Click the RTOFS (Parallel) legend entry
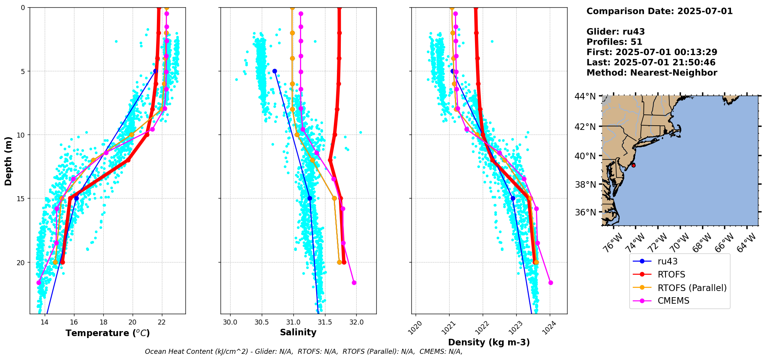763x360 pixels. tap(692, 288)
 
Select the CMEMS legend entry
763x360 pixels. tap(673, 301)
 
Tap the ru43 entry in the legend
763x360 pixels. tap(667, 261)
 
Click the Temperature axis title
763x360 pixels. tap(108, 333)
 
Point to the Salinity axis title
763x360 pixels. tap(298, 332)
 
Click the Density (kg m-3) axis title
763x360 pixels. tap(489, 342)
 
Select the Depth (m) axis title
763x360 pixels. tap(8, 161)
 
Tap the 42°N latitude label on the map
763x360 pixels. tap(585, 127)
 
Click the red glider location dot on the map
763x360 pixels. tap(633, 165)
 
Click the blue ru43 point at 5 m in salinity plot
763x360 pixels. tap(275, 71)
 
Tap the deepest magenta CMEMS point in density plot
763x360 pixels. tap(551, 283)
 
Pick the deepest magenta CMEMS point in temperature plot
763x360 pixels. tap(39, 283)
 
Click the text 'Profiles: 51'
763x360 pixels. tap(614, 42)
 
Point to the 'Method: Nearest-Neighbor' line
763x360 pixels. tap(652, 73)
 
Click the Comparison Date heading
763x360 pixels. tap(659, 11)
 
